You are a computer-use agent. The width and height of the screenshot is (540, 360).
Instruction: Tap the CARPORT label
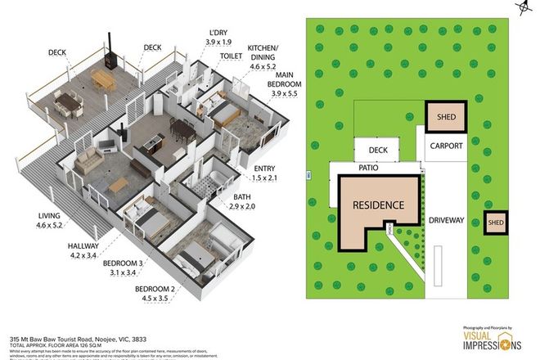click(x=445, y=146)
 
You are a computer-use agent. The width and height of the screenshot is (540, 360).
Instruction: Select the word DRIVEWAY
click(x=445, y=220)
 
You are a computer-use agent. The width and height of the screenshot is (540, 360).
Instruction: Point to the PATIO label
click(x=370, y=168)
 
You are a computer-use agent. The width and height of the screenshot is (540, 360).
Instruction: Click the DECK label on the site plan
click(x=378, y=150)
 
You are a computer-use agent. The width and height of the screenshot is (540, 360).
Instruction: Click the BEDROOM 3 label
click(x=124, y=268)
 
